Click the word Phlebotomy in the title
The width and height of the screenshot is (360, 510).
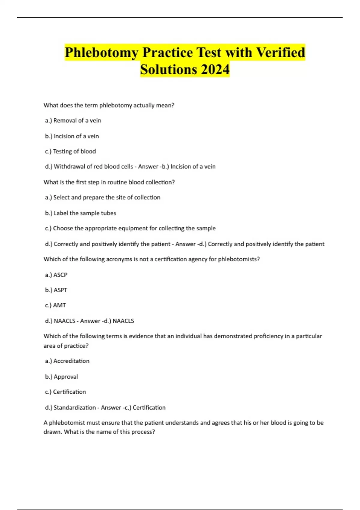click(x=101, y=53)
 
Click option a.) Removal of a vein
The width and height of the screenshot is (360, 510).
click(x=73, y=121)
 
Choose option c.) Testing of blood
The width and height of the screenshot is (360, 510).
click(x=70, y=151)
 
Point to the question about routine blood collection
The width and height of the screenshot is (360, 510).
click(x=109, y=182)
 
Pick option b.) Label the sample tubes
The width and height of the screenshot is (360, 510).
click(x=80, y=213)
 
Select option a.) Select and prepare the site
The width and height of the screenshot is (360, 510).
click(x=103, y=197)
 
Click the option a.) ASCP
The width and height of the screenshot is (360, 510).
click(x=56, y=275)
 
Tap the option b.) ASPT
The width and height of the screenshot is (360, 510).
click(x=56, y=290)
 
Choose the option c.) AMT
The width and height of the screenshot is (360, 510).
click(x=55, y=305)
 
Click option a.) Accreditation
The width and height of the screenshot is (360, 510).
click(x=67, y=361)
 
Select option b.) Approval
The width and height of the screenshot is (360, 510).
click(x=61, y=377)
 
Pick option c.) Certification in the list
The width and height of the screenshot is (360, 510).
click(x=65, y=392)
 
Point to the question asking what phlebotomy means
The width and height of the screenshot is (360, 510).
click(x=109, y=105)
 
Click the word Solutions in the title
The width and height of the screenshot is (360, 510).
click(x=168, y=70)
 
